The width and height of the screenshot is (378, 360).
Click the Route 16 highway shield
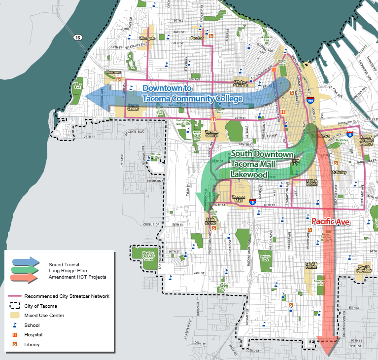tap(78, 37)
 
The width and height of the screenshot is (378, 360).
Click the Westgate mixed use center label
tap(147, 38)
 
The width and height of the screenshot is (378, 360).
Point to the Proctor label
tap(197, 37)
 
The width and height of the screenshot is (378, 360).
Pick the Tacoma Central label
tap(211, 134)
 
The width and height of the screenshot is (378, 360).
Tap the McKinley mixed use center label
tap(339, 173)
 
